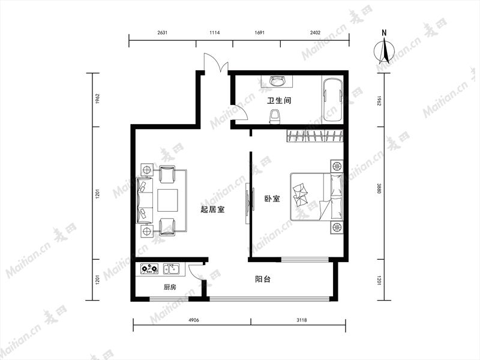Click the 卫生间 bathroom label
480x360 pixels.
coord(279,100)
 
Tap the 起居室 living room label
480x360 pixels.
coord(212,209)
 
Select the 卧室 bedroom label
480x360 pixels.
coord(272,199)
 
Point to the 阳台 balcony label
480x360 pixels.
coord(263,279)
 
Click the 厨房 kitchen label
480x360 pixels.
coord(170,287)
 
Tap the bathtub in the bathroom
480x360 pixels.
coord(332,100)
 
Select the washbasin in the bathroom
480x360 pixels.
coord(277,81)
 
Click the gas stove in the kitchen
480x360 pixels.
coord(149,269)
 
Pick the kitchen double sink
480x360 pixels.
coord(172,269)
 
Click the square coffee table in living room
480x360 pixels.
coord(168,200)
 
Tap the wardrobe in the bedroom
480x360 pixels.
coord(315,136)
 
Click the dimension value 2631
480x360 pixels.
coord(162,33)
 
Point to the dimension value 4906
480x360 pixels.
coord(194,320)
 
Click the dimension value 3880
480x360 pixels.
coord(379,188)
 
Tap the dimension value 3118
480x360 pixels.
coord(302,320)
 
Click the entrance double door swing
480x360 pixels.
coord(216,63)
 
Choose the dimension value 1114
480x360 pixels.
coord(215,33)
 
